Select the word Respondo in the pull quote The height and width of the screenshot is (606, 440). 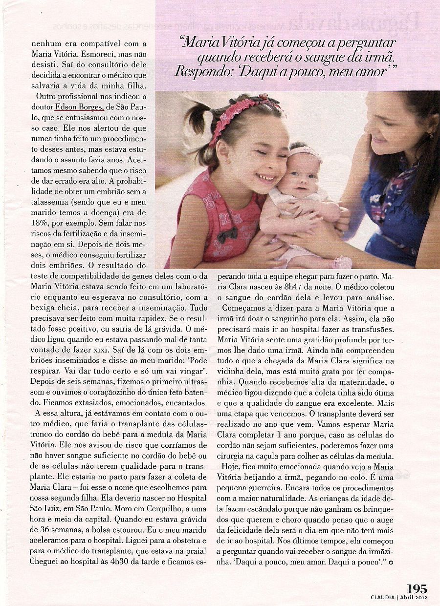point(198,71)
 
